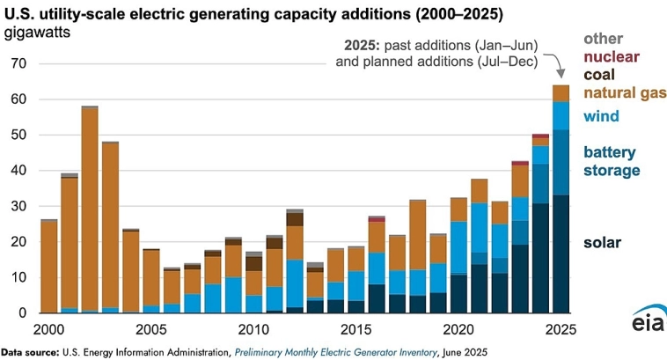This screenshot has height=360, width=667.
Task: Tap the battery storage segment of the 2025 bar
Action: pyautogui.click(x=561, y=162)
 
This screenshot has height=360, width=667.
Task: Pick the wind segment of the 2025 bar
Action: pyautogui.click(x=561, y=115)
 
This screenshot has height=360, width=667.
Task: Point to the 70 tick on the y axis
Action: pyautogui.click(x=19, y=64)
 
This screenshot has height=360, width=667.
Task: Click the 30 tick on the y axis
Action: pyautogui.click(x=19, y=206)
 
